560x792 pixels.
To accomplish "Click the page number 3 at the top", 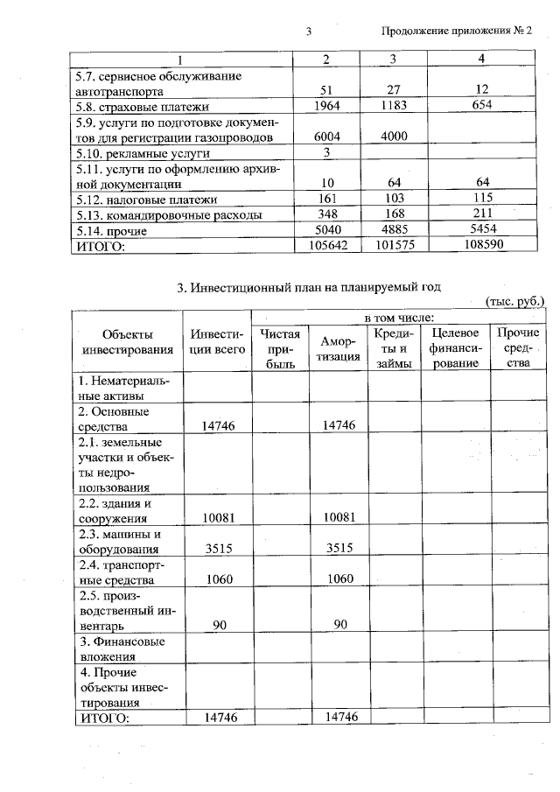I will click(x=309, y=32).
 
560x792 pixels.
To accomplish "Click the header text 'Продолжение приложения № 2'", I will click(x=458, y=32).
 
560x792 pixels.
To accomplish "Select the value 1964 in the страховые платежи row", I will click(x=325, y=106).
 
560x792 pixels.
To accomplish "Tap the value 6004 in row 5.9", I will click(x=325, y=137).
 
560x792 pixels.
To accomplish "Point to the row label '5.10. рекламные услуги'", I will click(x=144, y=153).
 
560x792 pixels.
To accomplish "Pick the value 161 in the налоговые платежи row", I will click(x=325, y=200).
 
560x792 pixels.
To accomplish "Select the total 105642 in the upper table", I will click(x=325, y=247).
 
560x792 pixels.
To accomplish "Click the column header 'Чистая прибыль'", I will click(x=280, y=348).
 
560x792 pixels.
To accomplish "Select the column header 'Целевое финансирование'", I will click(x=455, y=348).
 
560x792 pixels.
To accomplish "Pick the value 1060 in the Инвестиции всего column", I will click(x=218, y=580).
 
